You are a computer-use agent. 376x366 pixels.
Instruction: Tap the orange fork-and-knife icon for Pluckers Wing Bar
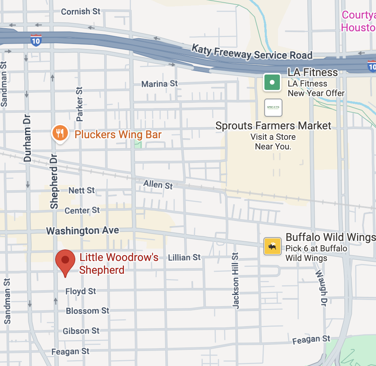click(60, 134)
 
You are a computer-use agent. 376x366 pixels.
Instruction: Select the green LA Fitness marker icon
click(272, 82)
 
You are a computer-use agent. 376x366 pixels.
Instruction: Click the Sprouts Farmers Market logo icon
click(273, 107)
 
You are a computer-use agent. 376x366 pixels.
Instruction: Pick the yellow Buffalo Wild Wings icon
click(273, 246)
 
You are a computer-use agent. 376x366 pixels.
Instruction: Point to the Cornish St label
click(81, 12)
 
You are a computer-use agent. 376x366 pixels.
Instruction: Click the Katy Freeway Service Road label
click(252, 52)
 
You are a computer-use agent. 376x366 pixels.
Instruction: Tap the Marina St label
click(159, 83)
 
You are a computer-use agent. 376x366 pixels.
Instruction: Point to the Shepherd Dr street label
click(54, 181)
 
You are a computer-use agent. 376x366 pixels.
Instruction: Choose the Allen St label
click(158, 185)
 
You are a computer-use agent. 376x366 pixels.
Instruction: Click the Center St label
click(82, 210)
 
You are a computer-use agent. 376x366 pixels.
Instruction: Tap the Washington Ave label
click(83, 230)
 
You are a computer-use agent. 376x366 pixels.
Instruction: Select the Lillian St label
click(185, 257)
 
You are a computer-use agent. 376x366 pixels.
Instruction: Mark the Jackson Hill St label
click(235, 280)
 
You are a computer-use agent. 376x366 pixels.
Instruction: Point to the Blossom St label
click(88, 311)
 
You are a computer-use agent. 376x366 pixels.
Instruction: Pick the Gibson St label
click(81, 331)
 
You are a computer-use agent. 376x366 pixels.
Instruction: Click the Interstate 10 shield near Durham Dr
click(36, 40)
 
